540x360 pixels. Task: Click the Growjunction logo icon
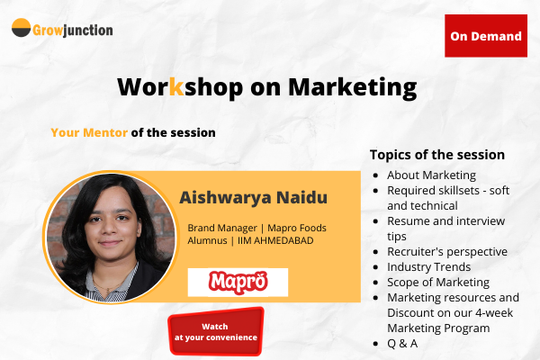click(x=21, y=28)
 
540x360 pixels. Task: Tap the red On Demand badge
click(x=486, y=36)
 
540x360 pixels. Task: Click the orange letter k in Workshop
click(x=176, y=87)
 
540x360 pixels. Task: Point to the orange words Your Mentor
click(x=89, y=132)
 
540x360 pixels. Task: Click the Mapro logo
click(x=238, y=282)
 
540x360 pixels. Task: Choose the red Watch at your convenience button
click(x=216, y=331)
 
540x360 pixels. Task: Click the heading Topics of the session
click(x=437, y=155)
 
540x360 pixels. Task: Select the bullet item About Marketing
click(x=431, y=175)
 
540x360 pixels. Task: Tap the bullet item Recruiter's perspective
click(x=447, y=251)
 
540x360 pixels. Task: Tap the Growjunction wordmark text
click(x=74, y=30)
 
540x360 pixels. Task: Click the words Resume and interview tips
click(x=445, y=228)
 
